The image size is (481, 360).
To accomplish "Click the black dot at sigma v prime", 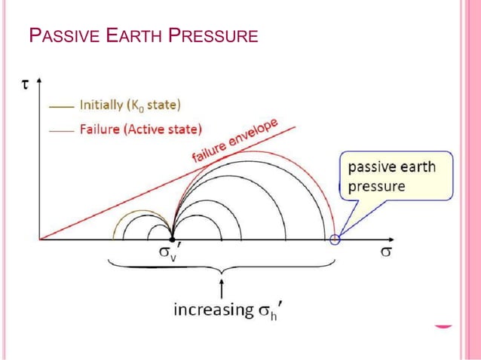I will [173, 239].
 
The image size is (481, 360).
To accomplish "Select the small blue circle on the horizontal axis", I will [335, 239].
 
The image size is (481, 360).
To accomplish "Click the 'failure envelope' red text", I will [234, 140].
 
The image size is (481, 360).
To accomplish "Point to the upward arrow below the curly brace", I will [222, 288].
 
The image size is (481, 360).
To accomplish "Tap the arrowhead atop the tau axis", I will [38, 79].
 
